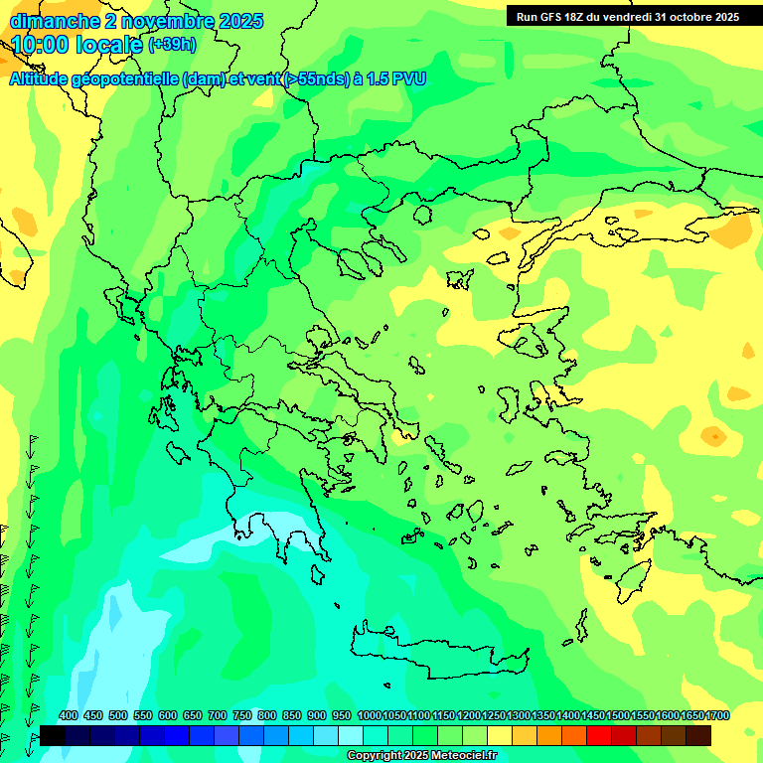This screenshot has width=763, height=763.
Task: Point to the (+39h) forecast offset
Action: pyautogui.click(x=172, y=45)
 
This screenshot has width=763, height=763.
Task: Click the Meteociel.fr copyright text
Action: pyautogui.click(x=421, y=756)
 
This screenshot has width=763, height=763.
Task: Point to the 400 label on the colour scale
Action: pyautogui.click(x=69, y=716)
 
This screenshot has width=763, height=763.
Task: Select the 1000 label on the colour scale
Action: pyautogui.click(x=369, y=716)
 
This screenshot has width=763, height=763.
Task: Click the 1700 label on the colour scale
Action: pyautogui.click(x=718, y=716)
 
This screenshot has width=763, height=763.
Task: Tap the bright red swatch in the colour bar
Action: pyautogui.click(x=599, y=735)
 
